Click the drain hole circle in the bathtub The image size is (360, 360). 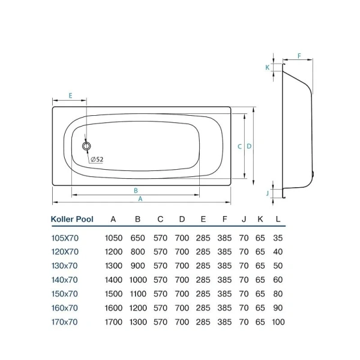click(x=86, y=146)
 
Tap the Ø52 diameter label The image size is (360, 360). click(x=97, y=159)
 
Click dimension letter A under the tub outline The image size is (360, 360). click(x=140, y=199)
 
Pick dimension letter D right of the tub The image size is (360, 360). click(x=248, y=146)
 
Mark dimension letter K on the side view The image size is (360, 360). click(x=267, y=68)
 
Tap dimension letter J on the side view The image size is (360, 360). click(x=267, y=193)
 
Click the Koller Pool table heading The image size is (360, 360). click(x=71, y=220)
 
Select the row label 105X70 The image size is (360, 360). click(x=65, y=238)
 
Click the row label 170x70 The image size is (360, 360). click(x=65, y=322)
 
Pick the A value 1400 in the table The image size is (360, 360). click(x=114, y=280)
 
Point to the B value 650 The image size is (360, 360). click(x=138, y=238)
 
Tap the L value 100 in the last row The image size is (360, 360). click(x=278, y=322)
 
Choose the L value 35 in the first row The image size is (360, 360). click(x=278, y=238)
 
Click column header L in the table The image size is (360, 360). click(x=278, y=220)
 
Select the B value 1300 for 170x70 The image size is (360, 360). click(x=138, y=322)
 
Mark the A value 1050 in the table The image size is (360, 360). click(x=114, y=238)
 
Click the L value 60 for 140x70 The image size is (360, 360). click(x=278, y=280)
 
